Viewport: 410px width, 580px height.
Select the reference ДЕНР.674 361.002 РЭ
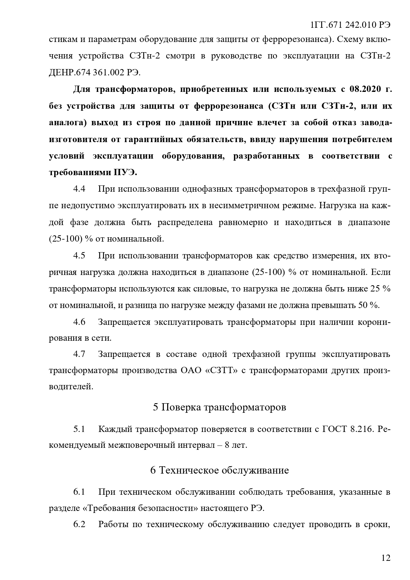coord(94,73)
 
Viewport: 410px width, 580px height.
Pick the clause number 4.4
coord(79,189)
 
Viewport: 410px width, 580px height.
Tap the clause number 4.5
coord(79,255)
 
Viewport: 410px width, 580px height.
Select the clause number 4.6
coord(79,322)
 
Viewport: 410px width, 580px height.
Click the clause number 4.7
coord(79,354)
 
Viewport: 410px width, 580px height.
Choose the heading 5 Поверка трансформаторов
coord(219,407)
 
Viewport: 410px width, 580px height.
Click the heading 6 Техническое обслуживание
coord(219,470)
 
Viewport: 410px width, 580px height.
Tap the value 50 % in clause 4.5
coord(368,305)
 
